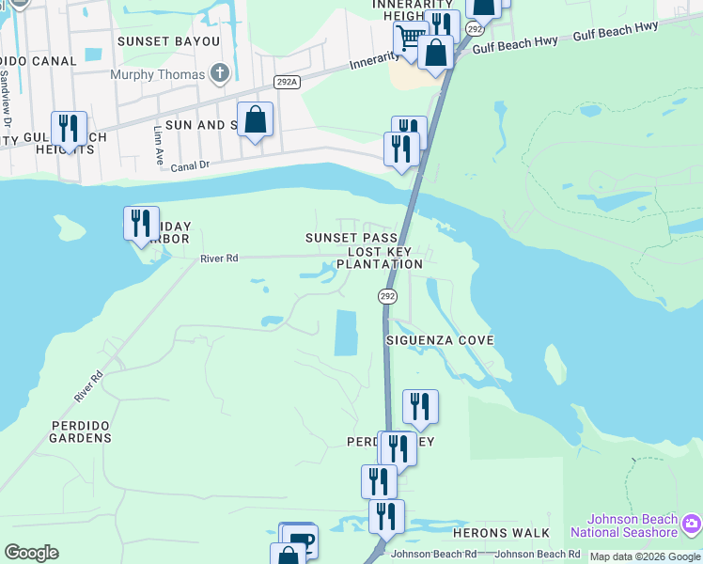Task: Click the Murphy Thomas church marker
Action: [x=220, y=73]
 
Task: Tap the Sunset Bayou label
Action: [x=168, y=41]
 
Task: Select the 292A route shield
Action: [x=287, y=83]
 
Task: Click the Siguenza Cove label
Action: [x=439, y=339]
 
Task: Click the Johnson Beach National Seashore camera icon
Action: [x=692, y=523]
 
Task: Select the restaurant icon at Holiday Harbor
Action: [x=141, y=223]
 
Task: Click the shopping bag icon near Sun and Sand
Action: [x=255, y=119]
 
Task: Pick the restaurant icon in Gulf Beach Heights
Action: [x=69, y=128]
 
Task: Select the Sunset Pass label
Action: [x=351, y=239]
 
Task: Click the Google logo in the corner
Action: [x=31, y=553]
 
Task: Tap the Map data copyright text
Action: [x=645, y=556]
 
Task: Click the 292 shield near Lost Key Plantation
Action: [x=388, y=296]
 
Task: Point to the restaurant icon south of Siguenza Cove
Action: [x=420, y=406]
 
